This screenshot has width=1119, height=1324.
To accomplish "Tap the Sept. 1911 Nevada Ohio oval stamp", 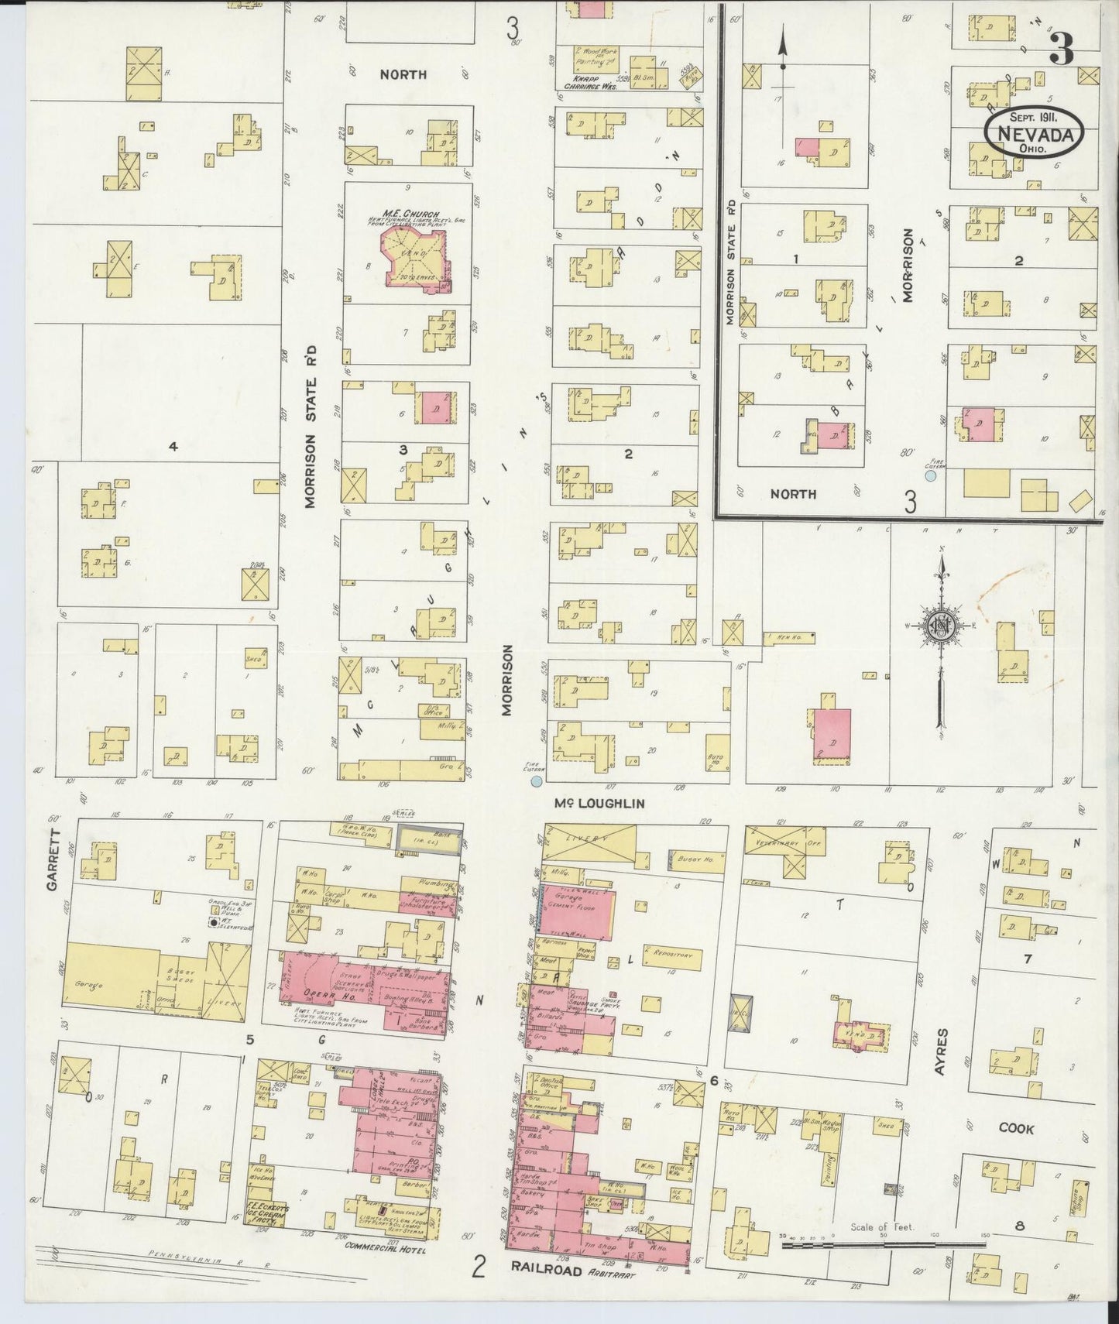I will [1034, 132].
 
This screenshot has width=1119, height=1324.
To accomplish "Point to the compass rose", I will [941, 627].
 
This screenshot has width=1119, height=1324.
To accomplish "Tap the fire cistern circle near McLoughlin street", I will [536, 783].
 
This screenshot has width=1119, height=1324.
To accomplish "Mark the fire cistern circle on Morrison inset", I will [931, 476].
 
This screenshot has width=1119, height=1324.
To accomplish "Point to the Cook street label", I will [1015, 1129].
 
